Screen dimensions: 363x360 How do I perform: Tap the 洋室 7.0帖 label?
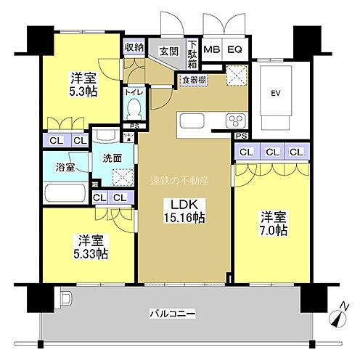tap(270, 222)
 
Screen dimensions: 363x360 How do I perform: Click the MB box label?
tap(212, 50)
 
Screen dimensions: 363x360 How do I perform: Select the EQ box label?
tap(234, 50)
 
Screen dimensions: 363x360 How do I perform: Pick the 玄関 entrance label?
tap(168, 50)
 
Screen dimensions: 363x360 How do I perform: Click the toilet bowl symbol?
tap(133, 110)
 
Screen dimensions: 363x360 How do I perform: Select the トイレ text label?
tap(133, 93)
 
